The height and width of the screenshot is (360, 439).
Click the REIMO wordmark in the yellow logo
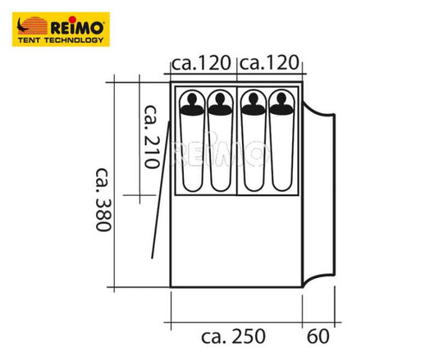coord(77,28)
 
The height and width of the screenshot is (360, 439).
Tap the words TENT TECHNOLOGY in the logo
coord(61,40)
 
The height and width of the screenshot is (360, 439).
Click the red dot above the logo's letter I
coord(72,20)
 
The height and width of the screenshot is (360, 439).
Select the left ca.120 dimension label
coord(201,63)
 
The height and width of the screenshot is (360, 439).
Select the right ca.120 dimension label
coord(269,63)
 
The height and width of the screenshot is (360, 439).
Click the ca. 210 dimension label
coord(152,137)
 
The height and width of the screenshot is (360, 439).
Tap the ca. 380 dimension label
coord(103,199)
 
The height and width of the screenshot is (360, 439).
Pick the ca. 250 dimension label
coord(233,336)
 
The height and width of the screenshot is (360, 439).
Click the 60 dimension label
coord(318,336)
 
